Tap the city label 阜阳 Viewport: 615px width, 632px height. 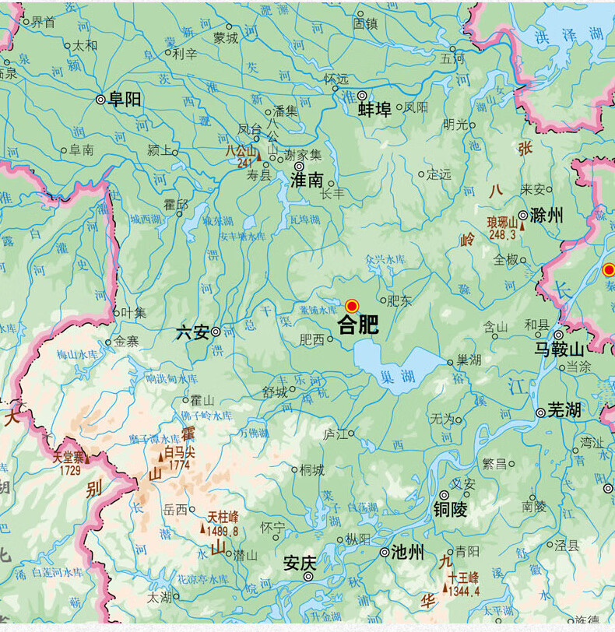(x=125, y=99)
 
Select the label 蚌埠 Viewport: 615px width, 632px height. (x=374, y=109)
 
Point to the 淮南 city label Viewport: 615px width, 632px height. (x=306, y=180)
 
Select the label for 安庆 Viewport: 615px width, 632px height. (x=300, y=561)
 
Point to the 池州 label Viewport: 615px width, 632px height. (x=408, y=553)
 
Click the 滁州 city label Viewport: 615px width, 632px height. (x=546, y=216)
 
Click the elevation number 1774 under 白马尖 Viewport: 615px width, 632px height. (x=179, y=465)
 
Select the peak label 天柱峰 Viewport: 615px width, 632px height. (x=223, y=516)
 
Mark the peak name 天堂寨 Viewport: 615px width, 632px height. (x=69, y=458)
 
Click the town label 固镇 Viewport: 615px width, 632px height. (x=365, y=24)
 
